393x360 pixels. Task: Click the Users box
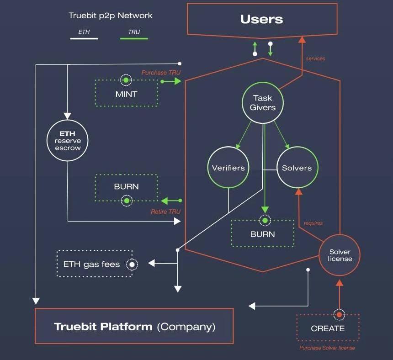(x=262, y=19)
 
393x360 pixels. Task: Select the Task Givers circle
(x=263, y=103)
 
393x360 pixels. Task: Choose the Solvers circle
(x=297, y=168)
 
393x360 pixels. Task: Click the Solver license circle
(x=340, y=255)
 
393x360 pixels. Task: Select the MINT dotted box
(x=126, y=94)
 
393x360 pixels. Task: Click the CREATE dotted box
(x=328, y=328)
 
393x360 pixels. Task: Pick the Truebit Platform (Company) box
(x=134, y=326)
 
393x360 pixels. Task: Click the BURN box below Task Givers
(x=262, y=233)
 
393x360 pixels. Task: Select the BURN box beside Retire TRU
(x=126, y=187)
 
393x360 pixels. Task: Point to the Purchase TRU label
(x=161, y=73)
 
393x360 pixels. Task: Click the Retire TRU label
(x=165, y=212)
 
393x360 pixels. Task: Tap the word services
(x=315, y=58)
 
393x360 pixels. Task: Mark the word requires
(x=313, y=223)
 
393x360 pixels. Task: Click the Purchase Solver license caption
(x=327, y=348)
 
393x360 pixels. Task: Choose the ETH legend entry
(x=84, y=32)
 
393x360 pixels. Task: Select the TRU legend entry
(x=134, y=32)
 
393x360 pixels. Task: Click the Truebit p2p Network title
(x=110, y=16)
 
